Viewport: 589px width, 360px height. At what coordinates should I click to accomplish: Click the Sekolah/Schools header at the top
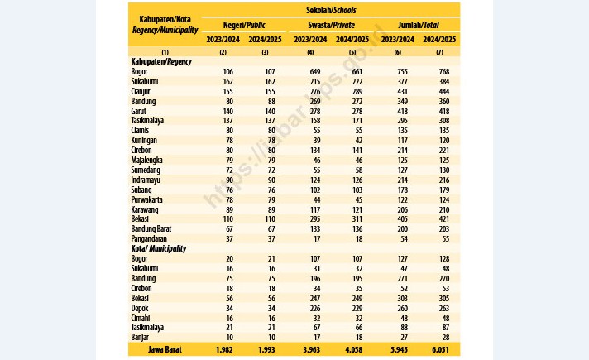click(331, 10)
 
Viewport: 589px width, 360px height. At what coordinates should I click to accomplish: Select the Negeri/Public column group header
click(244, 25)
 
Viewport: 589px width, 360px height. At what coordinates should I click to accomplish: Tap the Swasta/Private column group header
click(331, 25)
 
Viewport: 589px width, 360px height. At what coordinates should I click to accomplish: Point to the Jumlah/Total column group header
click(419, 25)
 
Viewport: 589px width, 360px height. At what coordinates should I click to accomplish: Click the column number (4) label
click(310, 53)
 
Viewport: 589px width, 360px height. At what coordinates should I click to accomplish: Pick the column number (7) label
click(439, 53)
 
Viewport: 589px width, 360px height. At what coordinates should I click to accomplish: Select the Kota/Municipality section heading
click(159, 249)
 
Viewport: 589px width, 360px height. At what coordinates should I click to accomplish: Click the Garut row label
click(139, 111)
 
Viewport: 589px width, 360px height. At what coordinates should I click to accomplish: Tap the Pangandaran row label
click(149, 238)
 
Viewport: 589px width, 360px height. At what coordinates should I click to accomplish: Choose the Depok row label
click(140, 308)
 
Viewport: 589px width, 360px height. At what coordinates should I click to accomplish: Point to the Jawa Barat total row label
click(165, 349)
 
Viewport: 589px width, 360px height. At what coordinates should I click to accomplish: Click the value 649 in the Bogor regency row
click(315, 72)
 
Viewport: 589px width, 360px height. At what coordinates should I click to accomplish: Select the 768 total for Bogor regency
click(444, 72)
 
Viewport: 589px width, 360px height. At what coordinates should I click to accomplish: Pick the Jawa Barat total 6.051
click(440, 350)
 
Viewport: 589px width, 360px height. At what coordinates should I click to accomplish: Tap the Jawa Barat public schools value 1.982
click(224, 350)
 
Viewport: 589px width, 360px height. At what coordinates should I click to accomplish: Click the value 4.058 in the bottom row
click(354, 350)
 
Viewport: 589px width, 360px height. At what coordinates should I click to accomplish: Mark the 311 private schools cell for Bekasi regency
click(357, 219)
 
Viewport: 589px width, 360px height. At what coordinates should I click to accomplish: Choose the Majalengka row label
click(147, 160)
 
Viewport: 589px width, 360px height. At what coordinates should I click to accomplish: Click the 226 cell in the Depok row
click(315, 309)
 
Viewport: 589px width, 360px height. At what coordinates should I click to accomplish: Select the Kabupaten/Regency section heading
click(161, 61)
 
